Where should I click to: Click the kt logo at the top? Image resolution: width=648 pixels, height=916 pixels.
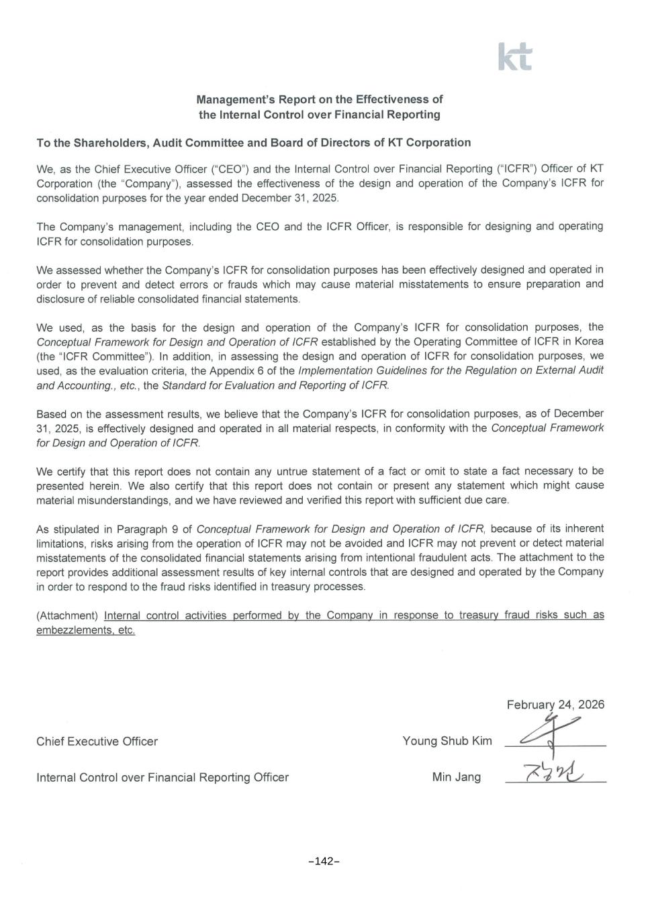(515, 57)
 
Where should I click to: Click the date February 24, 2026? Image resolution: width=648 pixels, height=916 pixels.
(555, 705)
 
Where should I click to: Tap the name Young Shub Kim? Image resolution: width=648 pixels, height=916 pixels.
(447, 741)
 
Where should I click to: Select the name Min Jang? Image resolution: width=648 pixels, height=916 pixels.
(457, 777)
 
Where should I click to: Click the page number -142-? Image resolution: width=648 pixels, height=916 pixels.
(324, 862)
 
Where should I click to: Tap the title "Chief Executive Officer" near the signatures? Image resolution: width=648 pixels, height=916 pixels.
(97, 742)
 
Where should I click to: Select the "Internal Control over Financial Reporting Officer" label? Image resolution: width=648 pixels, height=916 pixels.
(163, 777)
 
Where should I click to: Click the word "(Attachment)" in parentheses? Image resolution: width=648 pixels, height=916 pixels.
(67, 615)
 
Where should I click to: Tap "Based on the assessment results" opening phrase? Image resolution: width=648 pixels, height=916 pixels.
(109, 414)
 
